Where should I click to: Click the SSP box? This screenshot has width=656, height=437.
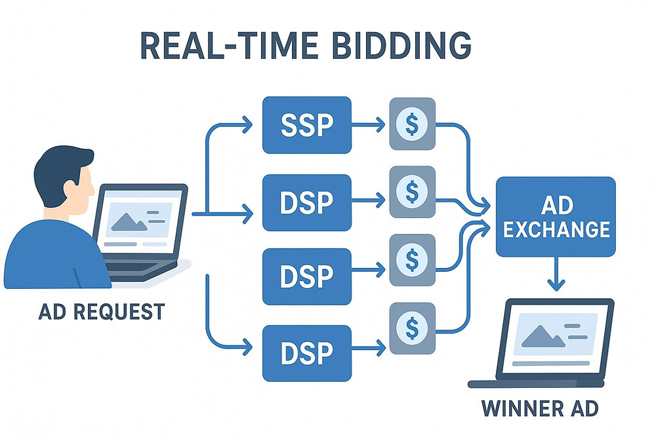pyautogui.click(x=306, y=125)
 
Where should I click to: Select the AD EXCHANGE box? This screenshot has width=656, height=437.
pyautogui.click(x=556, y=217)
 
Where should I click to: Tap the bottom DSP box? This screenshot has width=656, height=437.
pyautogui.click(x=306, y=352)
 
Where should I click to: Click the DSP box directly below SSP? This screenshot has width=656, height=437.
pyautogui.click(x=306, y=202)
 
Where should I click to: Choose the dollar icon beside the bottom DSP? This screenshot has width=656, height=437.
pyautogui.click(x=412, y=326)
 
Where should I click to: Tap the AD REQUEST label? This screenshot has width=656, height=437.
pyautogui.click(x=101, y=311)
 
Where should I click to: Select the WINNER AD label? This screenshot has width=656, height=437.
pyautogui.click(x=540, y=409)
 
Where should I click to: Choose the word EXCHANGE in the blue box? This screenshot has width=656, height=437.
pyautogui.click(x=555, y=229)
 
